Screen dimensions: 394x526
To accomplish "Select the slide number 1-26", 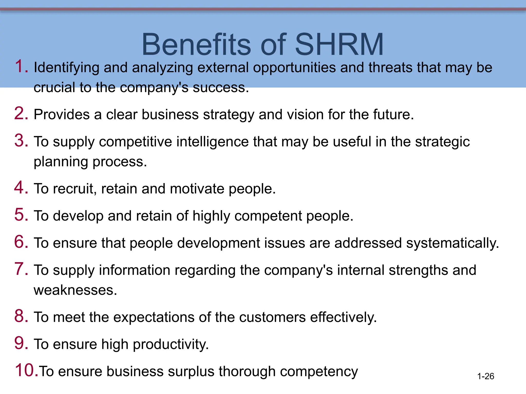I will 485,376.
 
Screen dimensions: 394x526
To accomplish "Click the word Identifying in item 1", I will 67,68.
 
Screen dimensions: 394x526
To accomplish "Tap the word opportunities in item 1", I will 294,68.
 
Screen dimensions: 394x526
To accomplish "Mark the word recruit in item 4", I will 75,189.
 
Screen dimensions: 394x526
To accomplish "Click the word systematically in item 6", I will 452,243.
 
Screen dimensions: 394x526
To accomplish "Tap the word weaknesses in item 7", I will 75,291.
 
